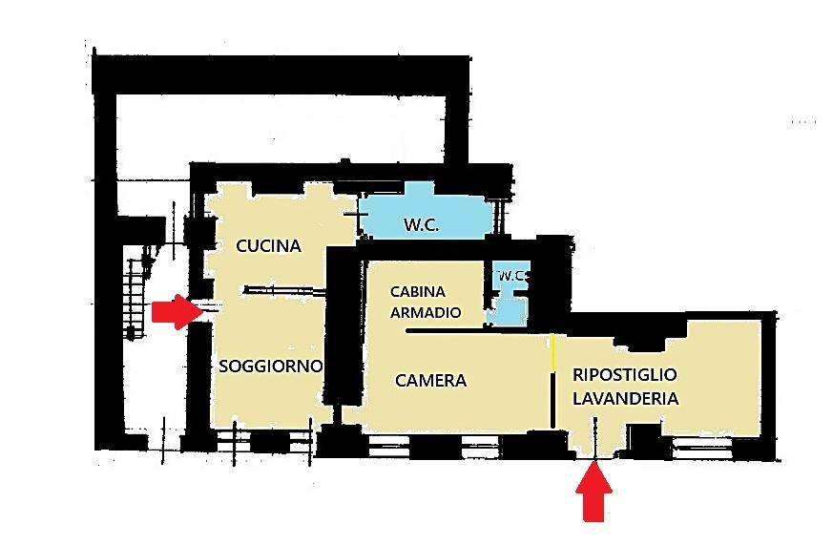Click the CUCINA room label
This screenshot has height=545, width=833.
click(x=268, y=246)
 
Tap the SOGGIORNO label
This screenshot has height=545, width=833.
click(x=271, y=366)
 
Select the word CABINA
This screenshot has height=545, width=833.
click(x=418, y=292)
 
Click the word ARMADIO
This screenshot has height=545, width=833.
click(x=426, y=312)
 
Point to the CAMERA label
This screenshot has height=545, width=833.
click(x=431, y=380)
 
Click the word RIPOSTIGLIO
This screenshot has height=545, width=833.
click(x=625, y=374)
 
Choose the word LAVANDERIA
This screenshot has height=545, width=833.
click(x=625, y=398)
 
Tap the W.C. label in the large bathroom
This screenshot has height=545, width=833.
click(x=422, y=224)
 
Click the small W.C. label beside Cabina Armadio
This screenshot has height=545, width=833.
click(x=511, y=276)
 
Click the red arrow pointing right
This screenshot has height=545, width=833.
click(x=178, y=312)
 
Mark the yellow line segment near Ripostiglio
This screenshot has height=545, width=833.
click(x=552, y=352)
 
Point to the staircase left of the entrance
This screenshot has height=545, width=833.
click(x=135, y=298)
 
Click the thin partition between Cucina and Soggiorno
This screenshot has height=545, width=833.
click(x=284, y=290)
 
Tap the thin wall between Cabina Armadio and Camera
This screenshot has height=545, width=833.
click(x=477, y=331)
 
